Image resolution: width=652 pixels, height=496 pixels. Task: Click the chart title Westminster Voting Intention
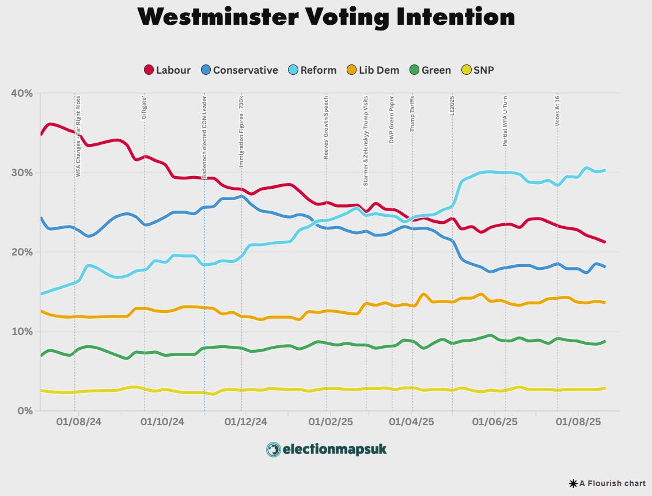[326, 17]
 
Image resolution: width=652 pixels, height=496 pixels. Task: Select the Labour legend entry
[167, 70]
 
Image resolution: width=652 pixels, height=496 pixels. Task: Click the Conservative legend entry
[239, 70]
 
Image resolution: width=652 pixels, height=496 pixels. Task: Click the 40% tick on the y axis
[22, 93]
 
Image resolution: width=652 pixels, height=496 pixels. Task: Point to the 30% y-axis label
[22, 173]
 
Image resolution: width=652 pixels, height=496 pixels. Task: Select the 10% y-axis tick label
[22, 331]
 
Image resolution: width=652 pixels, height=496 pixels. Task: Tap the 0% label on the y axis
[24, 411]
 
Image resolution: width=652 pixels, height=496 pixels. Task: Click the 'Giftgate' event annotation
[144, 109]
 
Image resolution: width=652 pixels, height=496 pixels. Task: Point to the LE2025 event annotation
[452, 107]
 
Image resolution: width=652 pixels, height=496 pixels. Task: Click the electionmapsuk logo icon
[274, 449]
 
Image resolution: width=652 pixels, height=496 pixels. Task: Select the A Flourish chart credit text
[612, 483]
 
